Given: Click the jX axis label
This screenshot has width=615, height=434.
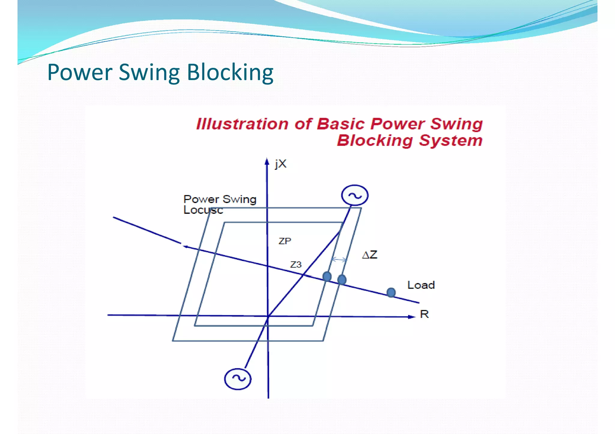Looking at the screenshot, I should click(x=280, y=164).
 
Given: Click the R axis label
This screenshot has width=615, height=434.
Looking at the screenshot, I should click(x=424, y=314).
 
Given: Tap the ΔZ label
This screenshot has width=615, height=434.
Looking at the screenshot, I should click(x=370, y=255).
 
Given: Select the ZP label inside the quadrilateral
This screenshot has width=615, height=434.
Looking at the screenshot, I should click(x=285, y=241).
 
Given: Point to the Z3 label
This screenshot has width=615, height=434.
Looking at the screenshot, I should click(x=295, y=265).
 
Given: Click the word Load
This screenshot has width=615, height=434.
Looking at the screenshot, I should click(x=421, y=285).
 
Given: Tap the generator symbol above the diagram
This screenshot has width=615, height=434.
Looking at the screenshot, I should click(x=355, y=195).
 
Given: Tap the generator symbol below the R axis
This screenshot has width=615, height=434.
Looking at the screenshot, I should click(x=238, y=379).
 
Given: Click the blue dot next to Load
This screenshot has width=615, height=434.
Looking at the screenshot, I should click(x=391, y=292).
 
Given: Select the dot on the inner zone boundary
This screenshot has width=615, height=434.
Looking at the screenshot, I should click(x=327, y=276).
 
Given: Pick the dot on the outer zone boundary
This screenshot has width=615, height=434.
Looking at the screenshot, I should click(x=342, y=280).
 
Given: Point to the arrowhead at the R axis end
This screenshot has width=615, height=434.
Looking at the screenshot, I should click(x=412, y=317).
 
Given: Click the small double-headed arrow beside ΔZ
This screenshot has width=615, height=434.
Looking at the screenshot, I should click(x=339, y=259).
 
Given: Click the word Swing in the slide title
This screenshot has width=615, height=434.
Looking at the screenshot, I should click(x=149, y=73).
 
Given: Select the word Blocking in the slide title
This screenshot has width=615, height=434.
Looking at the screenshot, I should click(x=230, y=73).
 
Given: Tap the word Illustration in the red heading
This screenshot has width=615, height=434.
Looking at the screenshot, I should click(x=242, y=124).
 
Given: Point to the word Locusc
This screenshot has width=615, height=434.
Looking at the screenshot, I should click(x=203, y=210).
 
